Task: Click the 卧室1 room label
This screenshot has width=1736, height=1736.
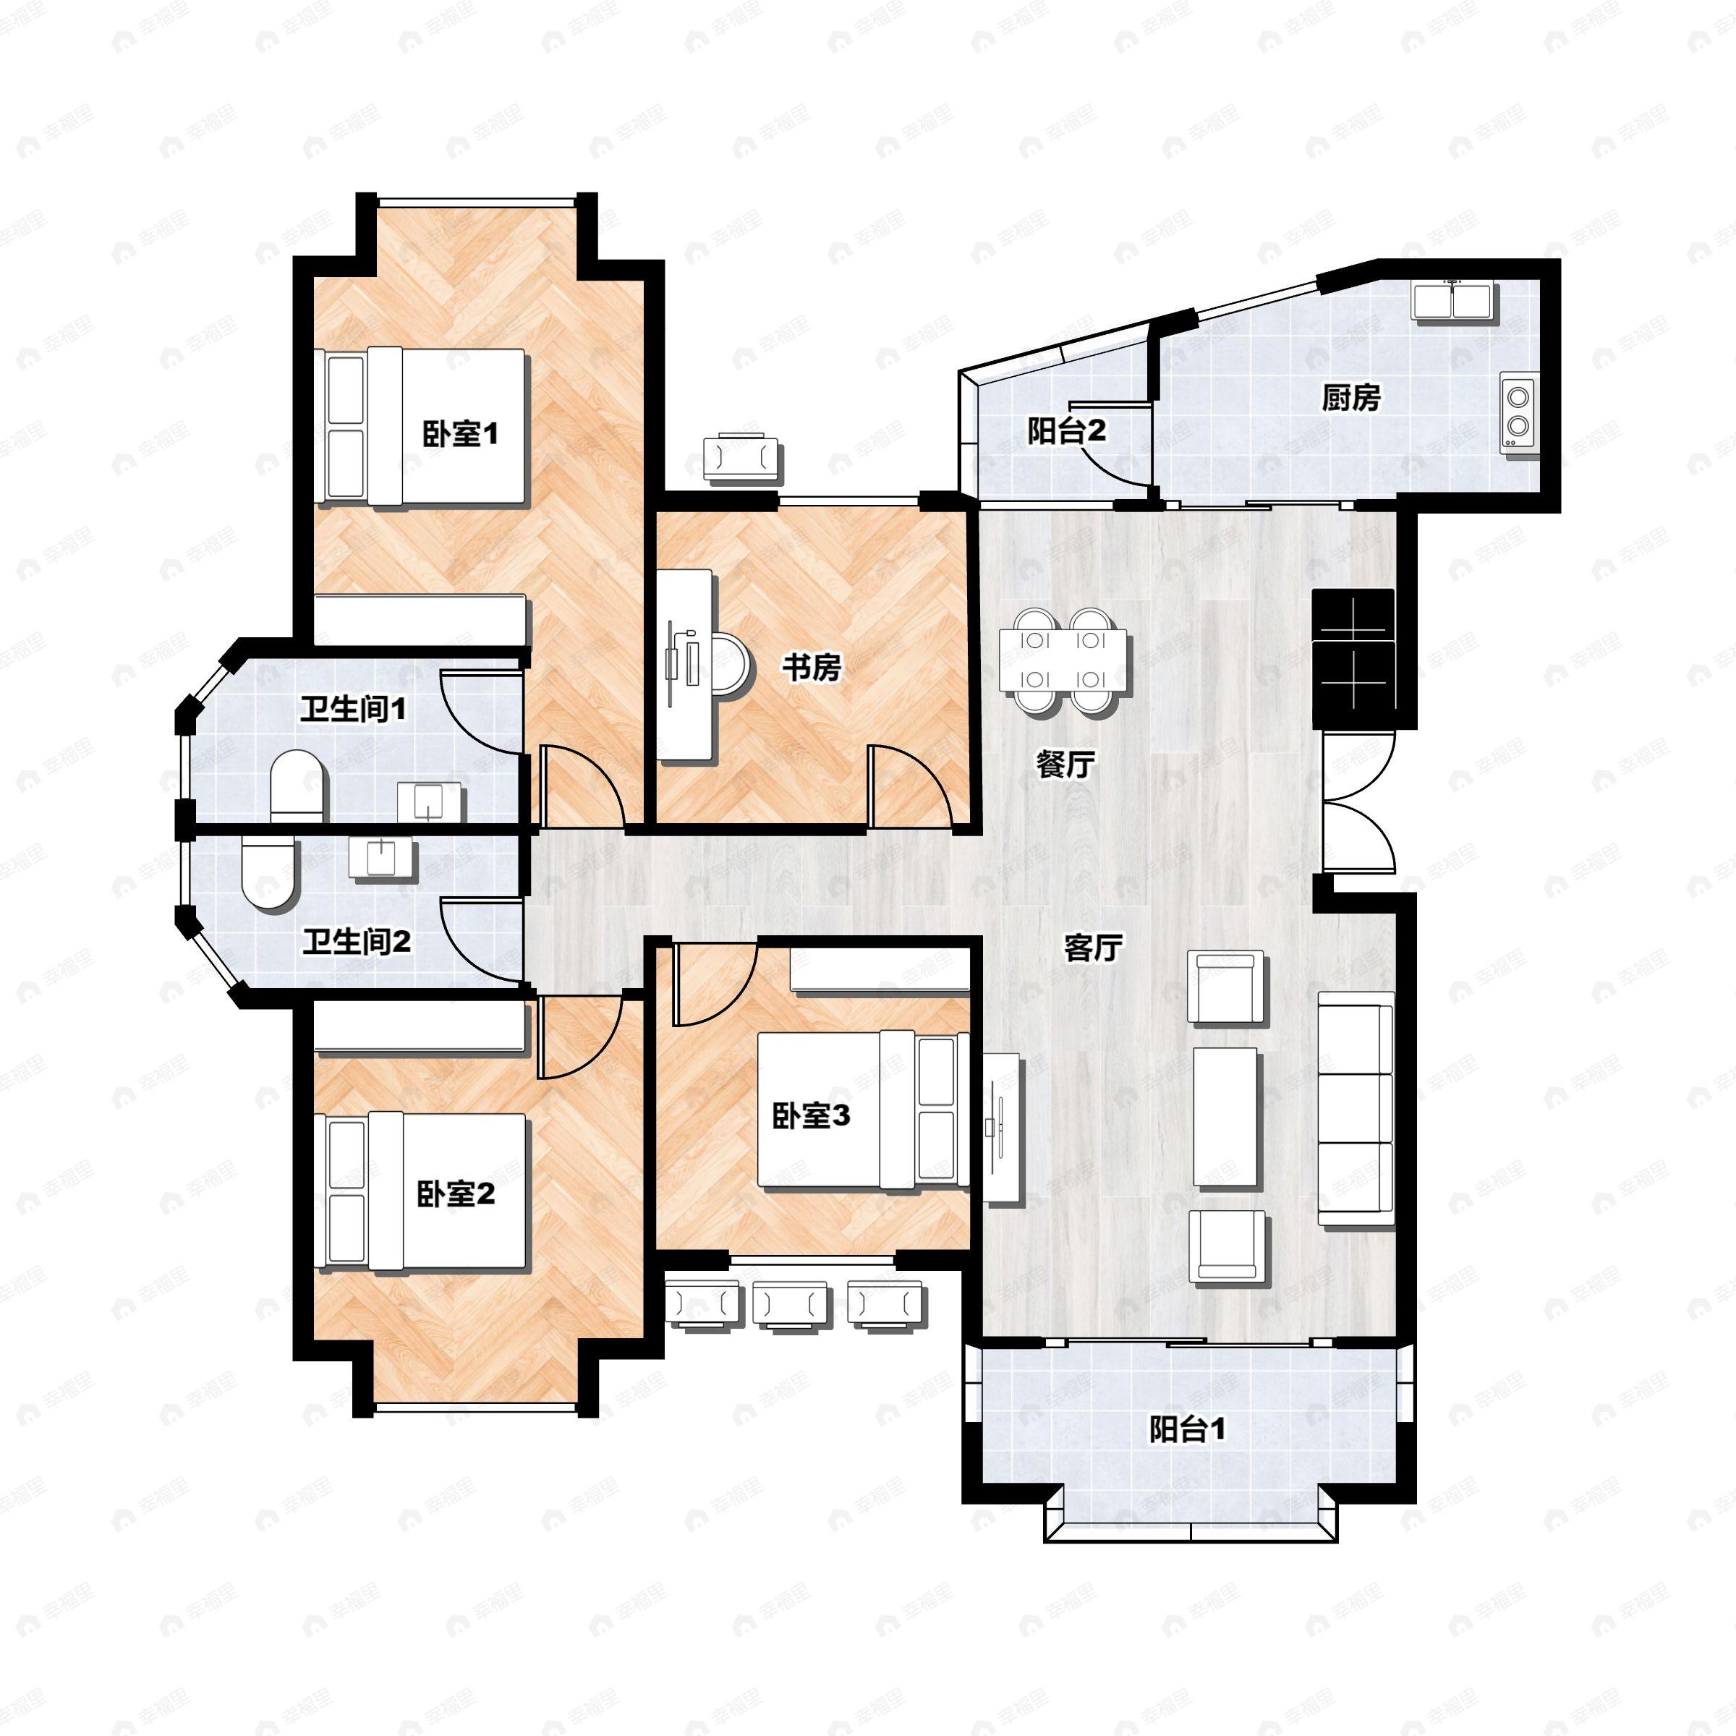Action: (460, 435)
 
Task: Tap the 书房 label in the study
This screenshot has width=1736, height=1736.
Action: (812, 668)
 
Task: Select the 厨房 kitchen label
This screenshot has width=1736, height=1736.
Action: (1350, 397)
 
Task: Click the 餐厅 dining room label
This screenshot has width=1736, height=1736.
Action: (1065, 765)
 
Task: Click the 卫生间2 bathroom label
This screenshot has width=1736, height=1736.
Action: (357, 942)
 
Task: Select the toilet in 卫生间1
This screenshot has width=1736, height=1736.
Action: (297, 784)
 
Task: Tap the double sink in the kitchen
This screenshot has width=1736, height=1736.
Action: (1453, 300)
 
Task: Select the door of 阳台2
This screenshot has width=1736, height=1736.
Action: (1114, 448)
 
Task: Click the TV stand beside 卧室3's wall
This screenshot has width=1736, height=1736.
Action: (1002, 1128)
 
